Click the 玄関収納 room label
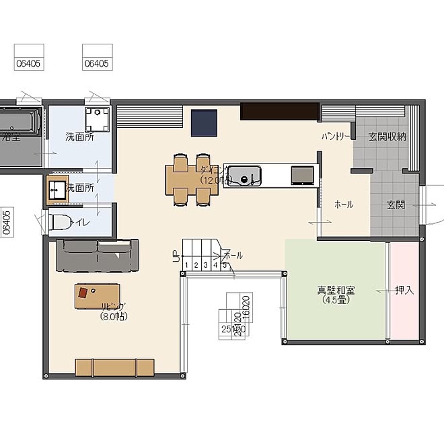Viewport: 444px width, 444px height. (x=387, y=137)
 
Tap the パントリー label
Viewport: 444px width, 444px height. (x=335, y=137)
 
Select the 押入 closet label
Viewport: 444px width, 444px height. (x=404, y=291)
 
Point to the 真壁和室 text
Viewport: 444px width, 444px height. (x=336, y=291)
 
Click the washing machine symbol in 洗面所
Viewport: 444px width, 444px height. (x=98, y=119)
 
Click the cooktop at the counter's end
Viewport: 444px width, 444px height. (x=301, y=175)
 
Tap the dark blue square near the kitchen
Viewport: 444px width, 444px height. (x=203, y=122)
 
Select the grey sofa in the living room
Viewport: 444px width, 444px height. (x=98, y=255)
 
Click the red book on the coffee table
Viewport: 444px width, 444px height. (x=83, y=293)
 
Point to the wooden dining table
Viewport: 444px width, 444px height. (x=192, y=178)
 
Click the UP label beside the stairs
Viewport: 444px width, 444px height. (x=176, y=255)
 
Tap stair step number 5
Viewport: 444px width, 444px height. (x=224, y=265)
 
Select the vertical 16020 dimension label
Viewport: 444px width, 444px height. (x=246, y=307)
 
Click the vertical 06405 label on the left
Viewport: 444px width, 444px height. (x=7, y=221)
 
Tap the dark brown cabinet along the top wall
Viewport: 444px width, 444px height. (x=279, y=111)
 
